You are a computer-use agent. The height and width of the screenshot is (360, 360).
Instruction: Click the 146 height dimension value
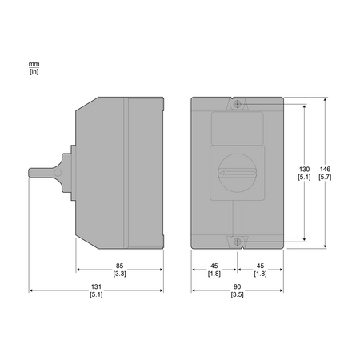coord(325,169)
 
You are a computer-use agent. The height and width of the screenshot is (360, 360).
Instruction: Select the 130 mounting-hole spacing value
coord(304,169)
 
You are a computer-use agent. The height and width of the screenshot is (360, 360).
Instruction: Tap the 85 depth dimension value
coord(119,266)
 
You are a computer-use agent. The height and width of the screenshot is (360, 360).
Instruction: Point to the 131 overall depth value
coord(96,286)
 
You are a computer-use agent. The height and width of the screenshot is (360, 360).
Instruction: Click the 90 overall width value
coord(237,286)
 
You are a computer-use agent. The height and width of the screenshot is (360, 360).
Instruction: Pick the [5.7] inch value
coord(325,177)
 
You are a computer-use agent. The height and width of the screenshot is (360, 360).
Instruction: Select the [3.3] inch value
coord(119,274)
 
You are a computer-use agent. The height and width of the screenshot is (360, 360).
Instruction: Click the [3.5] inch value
coord(237,294)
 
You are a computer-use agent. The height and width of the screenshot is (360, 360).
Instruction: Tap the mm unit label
coord(34,64)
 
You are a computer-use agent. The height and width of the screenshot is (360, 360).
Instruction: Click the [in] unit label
coord(34,71)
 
